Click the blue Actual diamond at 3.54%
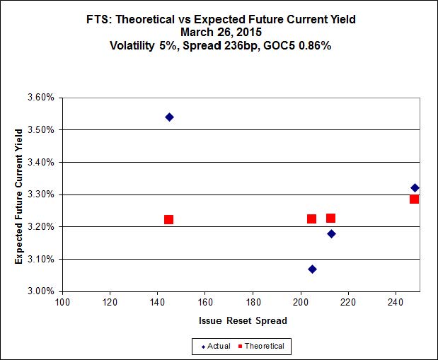click(170, 117)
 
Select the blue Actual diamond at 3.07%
click(312, 269)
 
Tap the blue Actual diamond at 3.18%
click(331, 233)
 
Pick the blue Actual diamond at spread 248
click(415, 187)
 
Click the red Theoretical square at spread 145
click(168, 219)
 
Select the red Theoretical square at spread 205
click(311, 219)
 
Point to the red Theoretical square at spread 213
click(330, 218)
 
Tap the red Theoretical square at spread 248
click(414, 199)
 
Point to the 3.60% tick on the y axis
click(40, 98)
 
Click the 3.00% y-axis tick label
click(40, 291)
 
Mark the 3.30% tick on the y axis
click(40, 194)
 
